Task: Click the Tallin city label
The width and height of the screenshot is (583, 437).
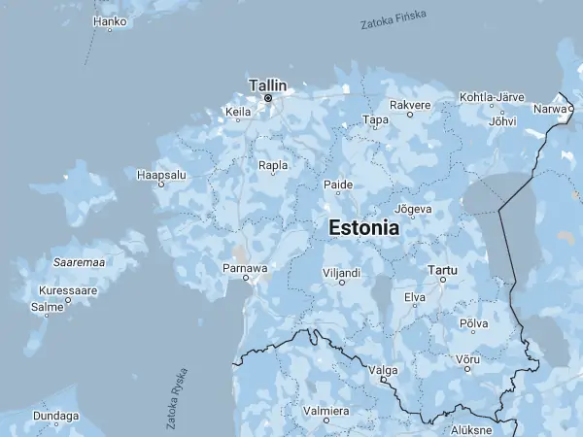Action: [x=268, y=84]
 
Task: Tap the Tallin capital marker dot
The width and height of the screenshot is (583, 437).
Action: [x=268, y=98]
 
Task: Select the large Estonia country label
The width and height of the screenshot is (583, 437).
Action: [x=364, y=228]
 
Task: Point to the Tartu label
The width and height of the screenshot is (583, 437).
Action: [x=442, y=268]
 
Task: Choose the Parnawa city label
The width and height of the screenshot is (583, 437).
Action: [x=245, y=266]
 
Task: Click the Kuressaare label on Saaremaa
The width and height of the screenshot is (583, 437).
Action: [x=67, y=290]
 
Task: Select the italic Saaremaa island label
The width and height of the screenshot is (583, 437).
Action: [x=80, y=261]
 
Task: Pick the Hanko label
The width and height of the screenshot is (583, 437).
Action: [x=110, y=19]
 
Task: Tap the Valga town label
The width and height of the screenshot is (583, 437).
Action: [x=383, y=370]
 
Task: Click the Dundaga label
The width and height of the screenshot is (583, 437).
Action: [x=55, y=416]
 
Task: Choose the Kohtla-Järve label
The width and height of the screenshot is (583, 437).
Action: [x=492, y=98]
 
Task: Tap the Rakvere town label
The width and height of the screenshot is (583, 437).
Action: [x=409, y=104]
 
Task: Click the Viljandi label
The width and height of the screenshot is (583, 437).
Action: [x=342, y=273]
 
